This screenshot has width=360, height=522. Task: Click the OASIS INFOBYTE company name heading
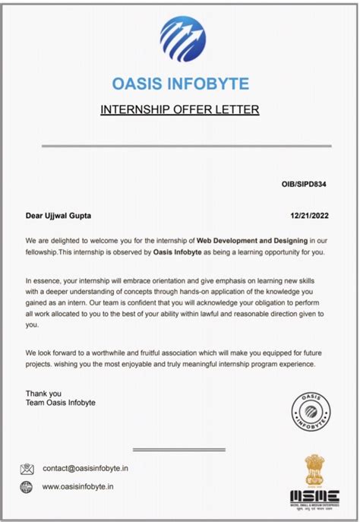pos(180,83)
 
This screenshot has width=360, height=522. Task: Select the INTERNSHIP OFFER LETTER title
pos(180,110)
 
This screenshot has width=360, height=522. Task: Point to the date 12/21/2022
pos(314,216)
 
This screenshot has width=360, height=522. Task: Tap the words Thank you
pos(43,393)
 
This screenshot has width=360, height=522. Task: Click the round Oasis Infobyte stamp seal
pos(313,411)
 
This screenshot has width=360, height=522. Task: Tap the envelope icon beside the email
pos(27,469)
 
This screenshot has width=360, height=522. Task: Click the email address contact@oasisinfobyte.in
pos(85,469)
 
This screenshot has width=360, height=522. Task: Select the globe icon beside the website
pos(27,488)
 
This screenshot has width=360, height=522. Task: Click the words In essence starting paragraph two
pos(46,280)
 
